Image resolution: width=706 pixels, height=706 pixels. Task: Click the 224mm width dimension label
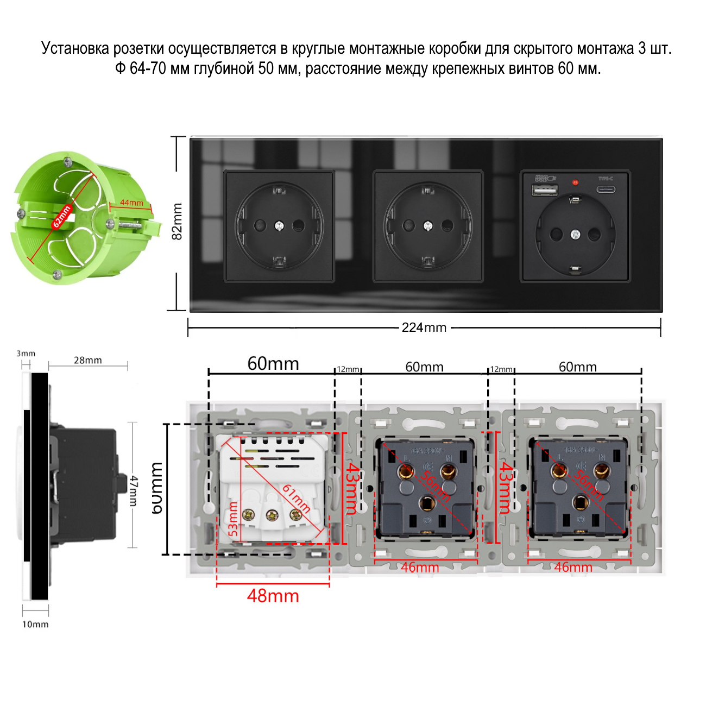click(x=424, y=327)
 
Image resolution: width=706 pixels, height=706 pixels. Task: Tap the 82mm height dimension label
click(x=177, y=221)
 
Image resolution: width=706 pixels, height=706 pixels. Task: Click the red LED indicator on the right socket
click(x=576, y=182)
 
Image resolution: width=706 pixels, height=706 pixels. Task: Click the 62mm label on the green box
click(x=61, y=216)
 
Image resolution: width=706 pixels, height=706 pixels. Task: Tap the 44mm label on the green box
click(x=131, y=203)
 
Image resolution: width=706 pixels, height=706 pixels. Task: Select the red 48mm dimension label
click(x=273, y=596)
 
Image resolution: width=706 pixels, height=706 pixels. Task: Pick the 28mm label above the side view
click(x=88, y=360)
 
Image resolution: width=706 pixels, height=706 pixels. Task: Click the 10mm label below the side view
click(x=35, y=625)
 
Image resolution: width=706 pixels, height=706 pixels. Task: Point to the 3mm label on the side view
click(x=26, y=354)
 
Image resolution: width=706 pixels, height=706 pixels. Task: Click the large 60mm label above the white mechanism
click(x=273, y=363)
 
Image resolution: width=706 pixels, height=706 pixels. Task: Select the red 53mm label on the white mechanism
click(x=232, y=519)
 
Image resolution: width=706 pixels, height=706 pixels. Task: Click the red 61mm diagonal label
click(x=296, y=499)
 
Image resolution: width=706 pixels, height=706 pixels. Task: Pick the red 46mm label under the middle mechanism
click(x=420, y=568)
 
